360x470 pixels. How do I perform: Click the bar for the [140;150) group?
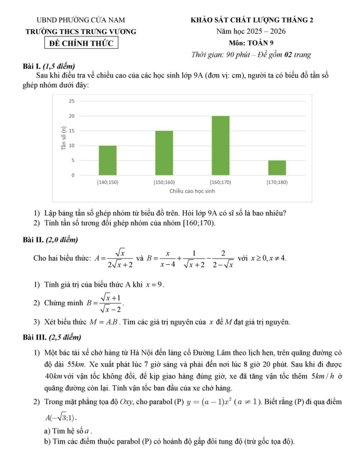point(107,160)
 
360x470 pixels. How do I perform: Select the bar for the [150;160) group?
point(164,153)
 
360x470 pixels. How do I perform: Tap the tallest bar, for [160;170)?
point(220,146)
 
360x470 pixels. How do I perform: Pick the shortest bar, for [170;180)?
point(277,168)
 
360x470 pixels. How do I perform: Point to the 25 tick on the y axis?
point(71,101)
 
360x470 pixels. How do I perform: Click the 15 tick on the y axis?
point(71,131)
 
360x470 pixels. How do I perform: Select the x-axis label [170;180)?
point(277,182)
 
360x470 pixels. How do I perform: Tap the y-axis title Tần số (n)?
point(64,138)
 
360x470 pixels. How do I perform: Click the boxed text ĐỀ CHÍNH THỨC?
point(82,43)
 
